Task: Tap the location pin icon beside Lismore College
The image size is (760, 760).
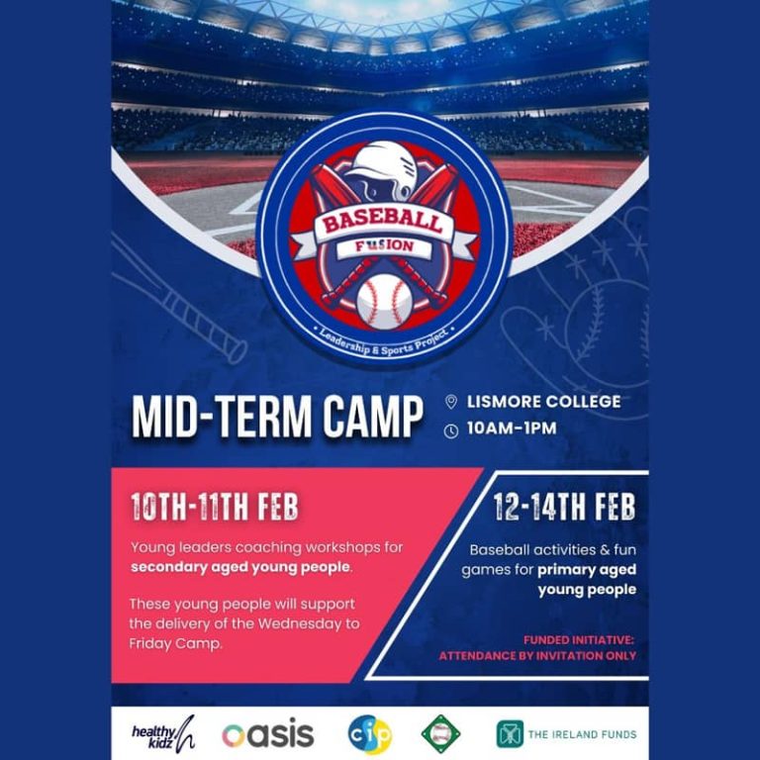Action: (x=451, y=402)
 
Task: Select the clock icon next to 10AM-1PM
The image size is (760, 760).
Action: (x=451, y=430)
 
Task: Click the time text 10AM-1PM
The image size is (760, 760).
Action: (x=512, y=427)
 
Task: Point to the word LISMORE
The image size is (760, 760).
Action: (x=502, y=402)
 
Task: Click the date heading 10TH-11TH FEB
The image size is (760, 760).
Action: (x=214, y=507)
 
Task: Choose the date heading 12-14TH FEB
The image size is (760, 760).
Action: (x=564, y=507)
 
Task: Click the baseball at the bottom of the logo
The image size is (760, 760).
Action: (x=384, y=302)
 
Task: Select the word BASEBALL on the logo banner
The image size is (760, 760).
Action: (x=383, y=224)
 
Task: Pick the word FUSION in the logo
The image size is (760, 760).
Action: (x=384, y=246)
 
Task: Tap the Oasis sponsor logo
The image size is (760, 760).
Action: (x=268, y=735)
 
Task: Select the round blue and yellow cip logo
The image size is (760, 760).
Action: (x=370, y=735)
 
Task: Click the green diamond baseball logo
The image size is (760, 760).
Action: (x=440, y=734)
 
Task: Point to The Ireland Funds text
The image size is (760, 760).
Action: (x=582, y=734)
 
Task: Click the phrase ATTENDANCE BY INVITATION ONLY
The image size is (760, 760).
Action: (x=537, y=656)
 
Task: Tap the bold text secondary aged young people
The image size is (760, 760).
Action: (x=240, y=567)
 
